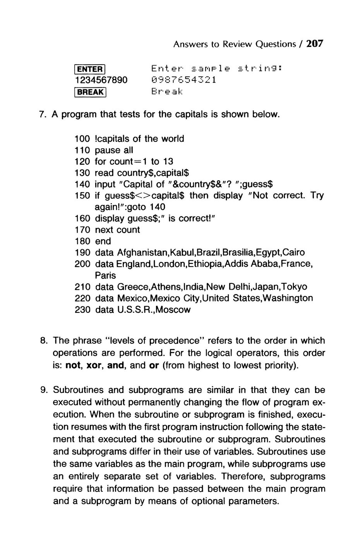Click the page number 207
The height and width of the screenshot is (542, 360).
coord(314,44)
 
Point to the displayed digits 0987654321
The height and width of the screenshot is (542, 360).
coord(183,80)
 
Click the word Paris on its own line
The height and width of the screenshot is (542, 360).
coord(105,275)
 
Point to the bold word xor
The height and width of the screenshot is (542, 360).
coord(93,365)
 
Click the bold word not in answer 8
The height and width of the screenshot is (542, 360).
coord(72,365)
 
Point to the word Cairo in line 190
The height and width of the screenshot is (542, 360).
coord(294,252)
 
